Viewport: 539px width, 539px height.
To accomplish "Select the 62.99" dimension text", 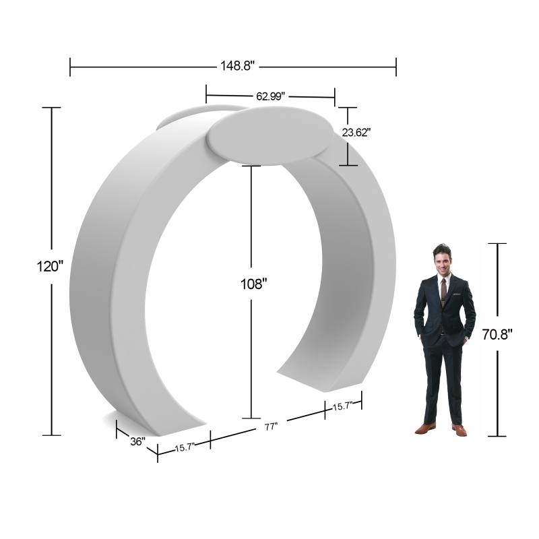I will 271,96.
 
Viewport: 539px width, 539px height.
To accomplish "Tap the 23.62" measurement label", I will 356,132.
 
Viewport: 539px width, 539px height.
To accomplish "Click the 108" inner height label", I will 253,284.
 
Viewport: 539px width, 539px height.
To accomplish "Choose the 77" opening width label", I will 272,426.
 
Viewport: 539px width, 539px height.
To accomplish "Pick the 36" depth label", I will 137,442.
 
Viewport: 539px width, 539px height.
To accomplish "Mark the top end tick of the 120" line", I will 52,108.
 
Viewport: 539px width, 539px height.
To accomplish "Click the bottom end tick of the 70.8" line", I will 497,436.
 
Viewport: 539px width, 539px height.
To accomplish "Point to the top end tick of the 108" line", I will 252,166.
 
